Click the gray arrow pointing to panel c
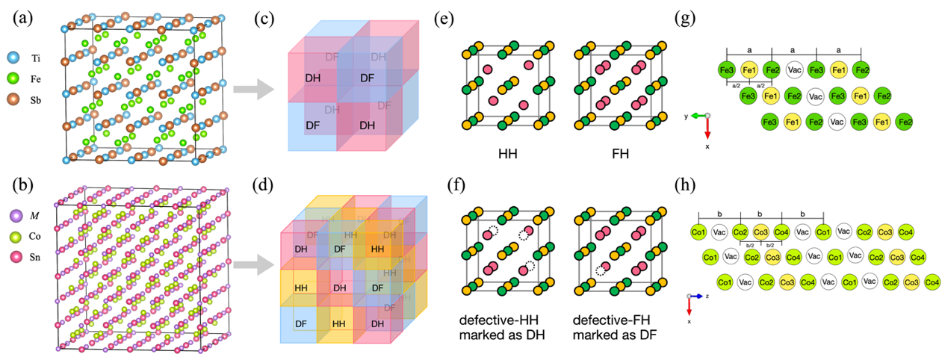coord(250,90)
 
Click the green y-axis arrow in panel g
coord(698,116)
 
